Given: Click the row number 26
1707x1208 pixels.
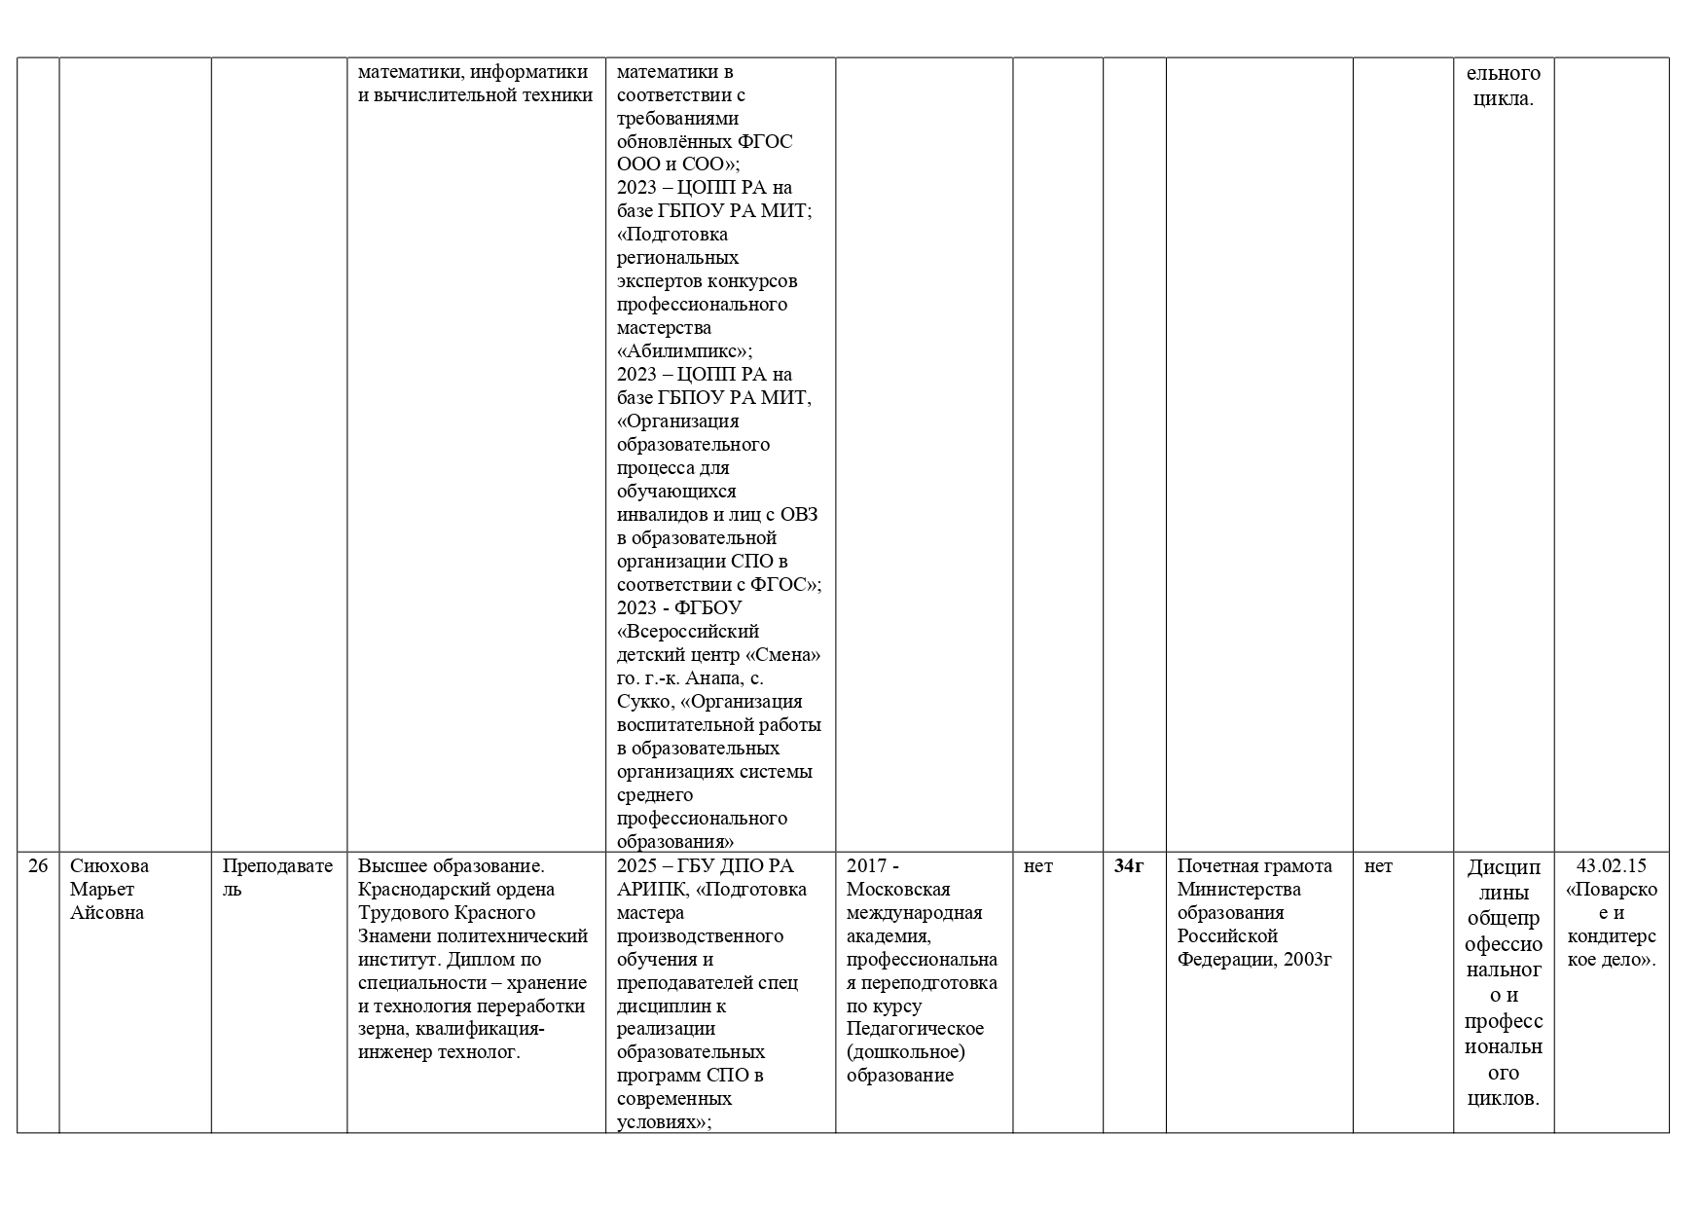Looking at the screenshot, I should (x=38, y=865).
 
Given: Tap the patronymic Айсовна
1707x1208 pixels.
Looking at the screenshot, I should (x=107, y=912).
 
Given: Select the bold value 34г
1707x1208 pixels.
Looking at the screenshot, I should (x=1129, y=865).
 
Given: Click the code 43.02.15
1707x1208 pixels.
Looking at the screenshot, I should (x=1611, y=865).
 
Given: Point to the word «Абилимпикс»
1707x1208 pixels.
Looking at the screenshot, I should (x=685, y=351).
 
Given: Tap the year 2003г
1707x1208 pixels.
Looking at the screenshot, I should (x=1308, y=959).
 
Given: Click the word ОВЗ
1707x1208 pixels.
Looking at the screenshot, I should (x=799, y=515).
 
